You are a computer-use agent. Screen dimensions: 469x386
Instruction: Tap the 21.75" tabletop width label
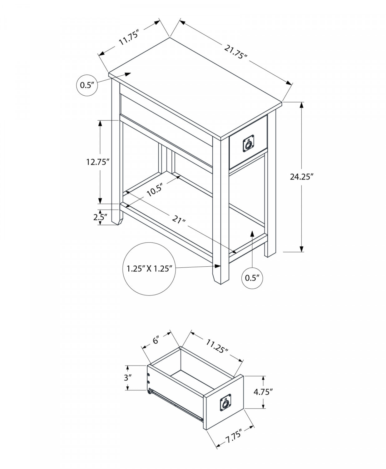(x=235, y=51)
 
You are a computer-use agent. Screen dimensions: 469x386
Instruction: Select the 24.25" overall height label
(x=301, y=177)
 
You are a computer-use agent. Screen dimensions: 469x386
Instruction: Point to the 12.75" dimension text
(x=98, y=162)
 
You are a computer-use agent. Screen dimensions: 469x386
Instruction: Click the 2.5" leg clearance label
(x=100, y=217)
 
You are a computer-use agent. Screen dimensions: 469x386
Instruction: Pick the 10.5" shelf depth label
(x=155, y=190)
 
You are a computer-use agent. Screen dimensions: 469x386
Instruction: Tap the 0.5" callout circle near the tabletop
(x=87, y=85)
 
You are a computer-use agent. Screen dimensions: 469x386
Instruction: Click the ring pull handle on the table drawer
(x=248, y=144)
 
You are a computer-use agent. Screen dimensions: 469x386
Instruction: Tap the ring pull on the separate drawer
(x=225, y=402)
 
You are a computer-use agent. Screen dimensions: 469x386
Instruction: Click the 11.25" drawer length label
(x=217, y=346)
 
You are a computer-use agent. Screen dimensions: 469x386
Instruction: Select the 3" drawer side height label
(x=127, y=378)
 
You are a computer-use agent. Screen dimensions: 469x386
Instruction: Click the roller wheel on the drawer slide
(x=150, y=391)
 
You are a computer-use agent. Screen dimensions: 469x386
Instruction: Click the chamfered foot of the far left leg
(x=117, y=220)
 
